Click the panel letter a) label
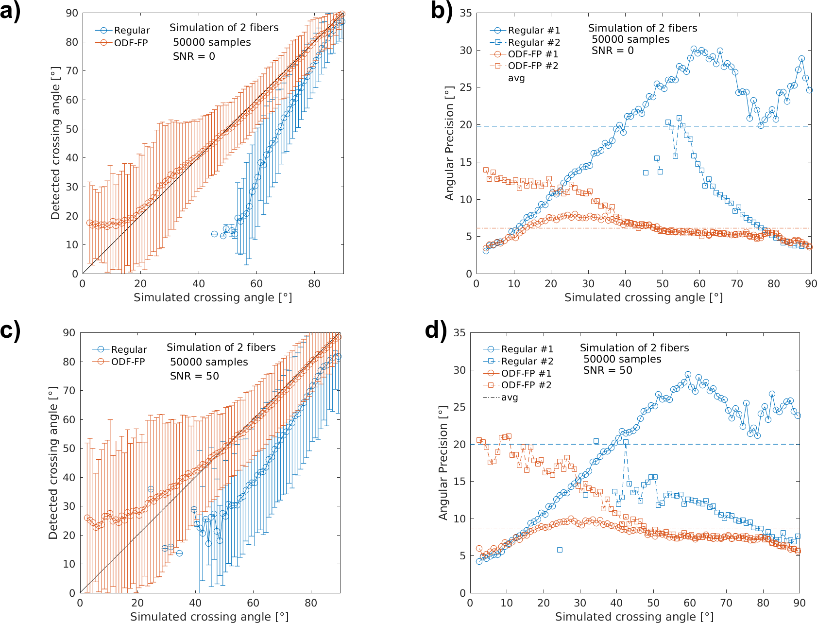point(11,11)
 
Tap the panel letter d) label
point(436,330)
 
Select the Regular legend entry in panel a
point(132,31)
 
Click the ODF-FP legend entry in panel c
point(128,362)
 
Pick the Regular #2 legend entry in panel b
point(534,42)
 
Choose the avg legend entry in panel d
point(510,398)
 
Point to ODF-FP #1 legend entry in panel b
point(533,54)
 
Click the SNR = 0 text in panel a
point(194,56)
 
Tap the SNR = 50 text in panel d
point(608,370)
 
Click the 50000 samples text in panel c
point(209,362)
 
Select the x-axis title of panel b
point(643,297)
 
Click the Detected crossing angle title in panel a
point(55,143)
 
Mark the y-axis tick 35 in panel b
point(466,13)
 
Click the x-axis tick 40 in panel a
point(198,284)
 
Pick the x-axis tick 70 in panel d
point(726,603)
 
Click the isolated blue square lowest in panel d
point(560,550)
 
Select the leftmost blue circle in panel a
point(214,234)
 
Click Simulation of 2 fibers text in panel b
point(642,28)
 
